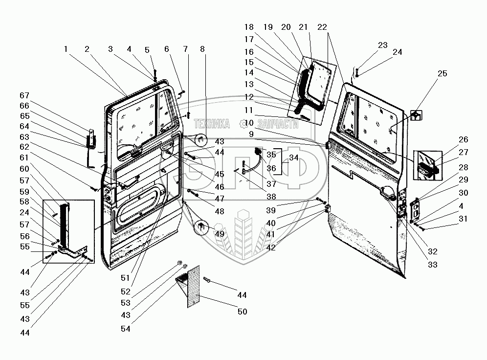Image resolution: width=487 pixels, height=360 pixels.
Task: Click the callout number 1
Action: (66, 49)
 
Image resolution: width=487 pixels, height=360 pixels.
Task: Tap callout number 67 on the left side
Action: (24, 95)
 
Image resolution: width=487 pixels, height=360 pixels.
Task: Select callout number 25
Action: (442, 73)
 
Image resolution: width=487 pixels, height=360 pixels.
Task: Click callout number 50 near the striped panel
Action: (242, 312)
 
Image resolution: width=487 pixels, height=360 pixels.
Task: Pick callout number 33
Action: (432, 265)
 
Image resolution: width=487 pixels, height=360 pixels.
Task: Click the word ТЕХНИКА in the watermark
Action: (212, 125)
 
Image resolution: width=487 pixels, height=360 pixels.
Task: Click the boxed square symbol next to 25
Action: (415, 116)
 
